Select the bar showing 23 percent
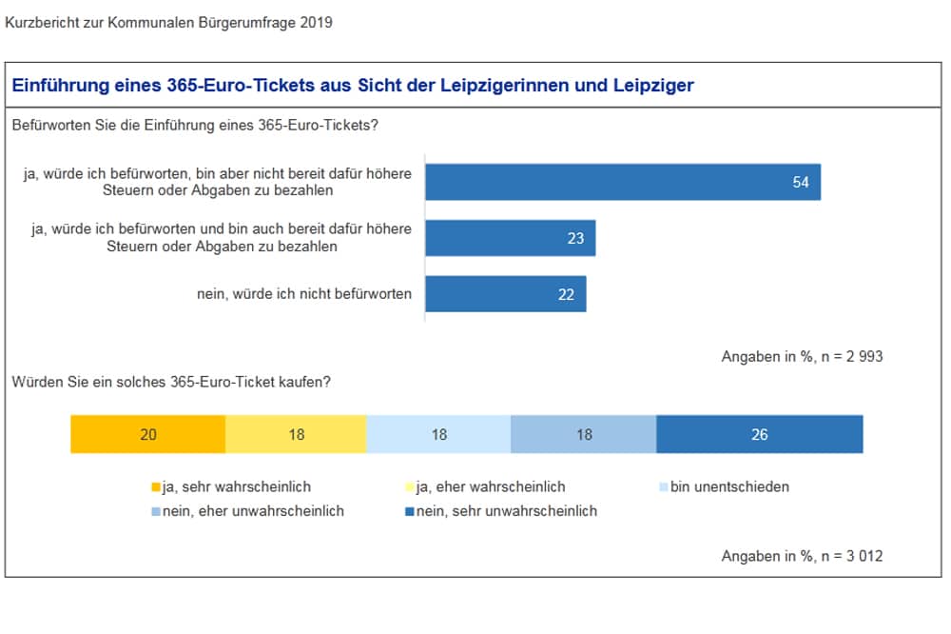[510, 238]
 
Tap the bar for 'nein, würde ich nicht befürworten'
[505, 294]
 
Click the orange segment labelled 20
[147, 434]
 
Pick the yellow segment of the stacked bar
[296, 434]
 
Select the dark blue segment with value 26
[759, 434]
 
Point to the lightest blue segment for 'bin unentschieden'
[438, 434]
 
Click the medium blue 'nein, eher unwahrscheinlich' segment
[583, 434]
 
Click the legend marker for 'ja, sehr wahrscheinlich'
[156, 487]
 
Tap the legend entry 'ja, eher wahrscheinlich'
[485, 486]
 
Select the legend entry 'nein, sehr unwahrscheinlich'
[502, 510]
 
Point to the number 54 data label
[801, 182]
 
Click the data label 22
[566, 294]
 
